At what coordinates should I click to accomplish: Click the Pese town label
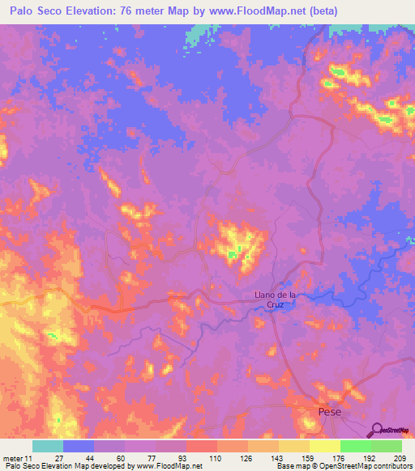(328, 413)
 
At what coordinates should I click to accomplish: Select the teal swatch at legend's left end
(48, 446)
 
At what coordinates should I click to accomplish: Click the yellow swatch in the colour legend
(324, 446)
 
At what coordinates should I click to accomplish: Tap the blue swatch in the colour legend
(79, 446)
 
